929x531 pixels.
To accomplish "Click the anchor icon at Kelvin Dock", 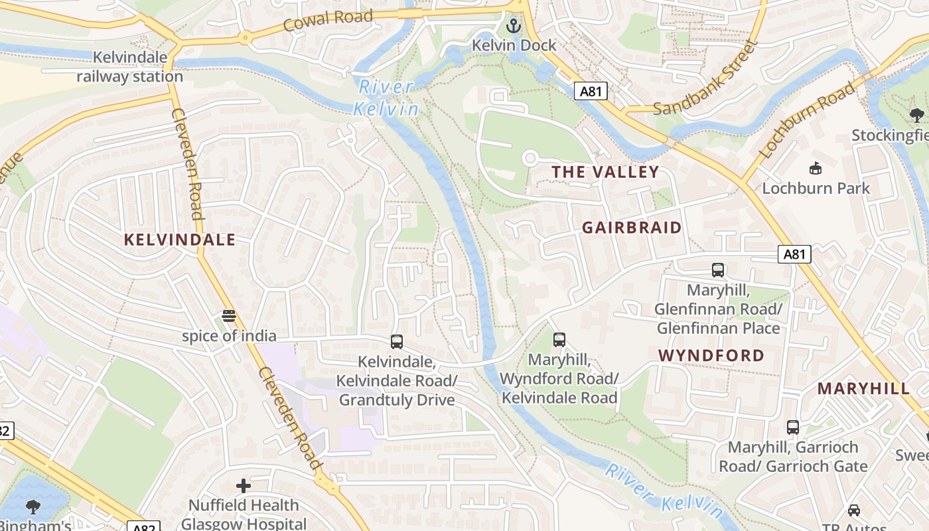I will point(513,27).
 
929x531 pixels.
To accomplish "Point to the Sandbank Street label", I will point(705,78).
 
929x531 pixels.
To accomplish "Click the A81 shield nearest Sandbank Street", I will point(591,91).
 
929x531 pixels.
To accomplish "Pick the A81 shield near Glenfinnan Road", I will point(794,254).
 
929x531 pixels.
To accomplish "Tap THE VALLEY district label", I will point(605,173).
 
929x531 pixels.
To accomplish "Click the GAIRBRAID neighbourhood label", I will point(632,228).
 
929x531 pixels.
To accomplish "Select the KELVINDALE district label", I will point(180,240).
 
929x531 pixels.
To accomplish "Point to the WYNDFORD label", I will point(711,356).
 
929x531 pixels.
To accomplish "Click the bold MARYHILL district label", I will point(863,389).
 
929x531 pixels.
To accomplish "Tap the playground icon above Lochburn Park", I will point(815,169).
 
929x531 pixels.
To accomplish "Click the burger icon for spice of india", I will point(229,316).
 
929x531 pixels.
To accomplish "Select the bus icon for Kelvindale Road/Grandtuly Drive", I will point(396,342).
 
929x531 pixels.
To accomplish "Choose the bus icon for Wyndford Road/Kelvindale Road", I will point(559,340).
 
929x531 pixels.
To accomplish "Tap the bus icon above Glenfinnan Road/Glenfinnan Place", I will point(717,270).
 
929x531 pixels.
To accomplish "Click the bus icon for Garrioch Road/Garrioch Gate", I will point(792,427).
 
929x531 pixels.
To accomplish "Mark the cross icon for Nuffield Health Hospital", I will point(244,486).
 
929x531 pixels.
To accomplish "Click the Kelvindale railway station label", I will point(129,67).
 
